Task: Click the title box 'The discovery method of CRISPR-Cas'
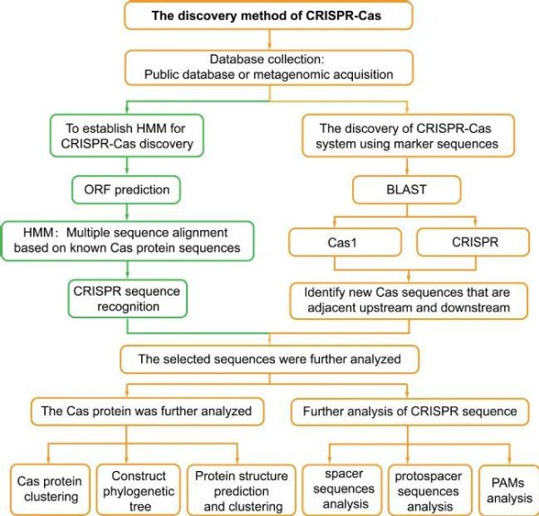(268, 15)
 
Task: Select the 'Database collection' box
(269, 67)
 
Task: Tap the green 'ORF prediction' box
(126, 190)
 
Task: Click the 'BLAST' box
(407, 190)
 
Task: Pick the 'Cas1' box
(345, 242)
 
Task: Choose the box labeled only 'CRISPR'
(473, 242)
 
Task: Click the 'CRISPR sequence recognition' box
(128, 298)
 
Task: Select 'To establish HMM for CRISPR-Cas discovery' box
(127, 136)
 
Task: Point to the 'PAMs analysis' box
(508, 490)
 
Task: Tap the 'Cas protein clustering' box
(50, 490)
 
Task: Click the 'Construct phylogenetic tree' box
(138, 490)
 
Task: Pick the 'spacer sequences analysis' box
(342, 490)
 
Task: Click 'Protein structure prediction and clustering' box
(242, 490)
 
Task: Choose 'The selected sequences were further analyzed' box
(269, 360)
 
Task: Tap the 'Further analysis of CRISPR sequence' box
(410, 412)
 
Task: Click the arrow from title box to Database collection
(269, 40)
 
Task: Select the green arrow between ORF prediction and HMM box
(127, 212)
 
